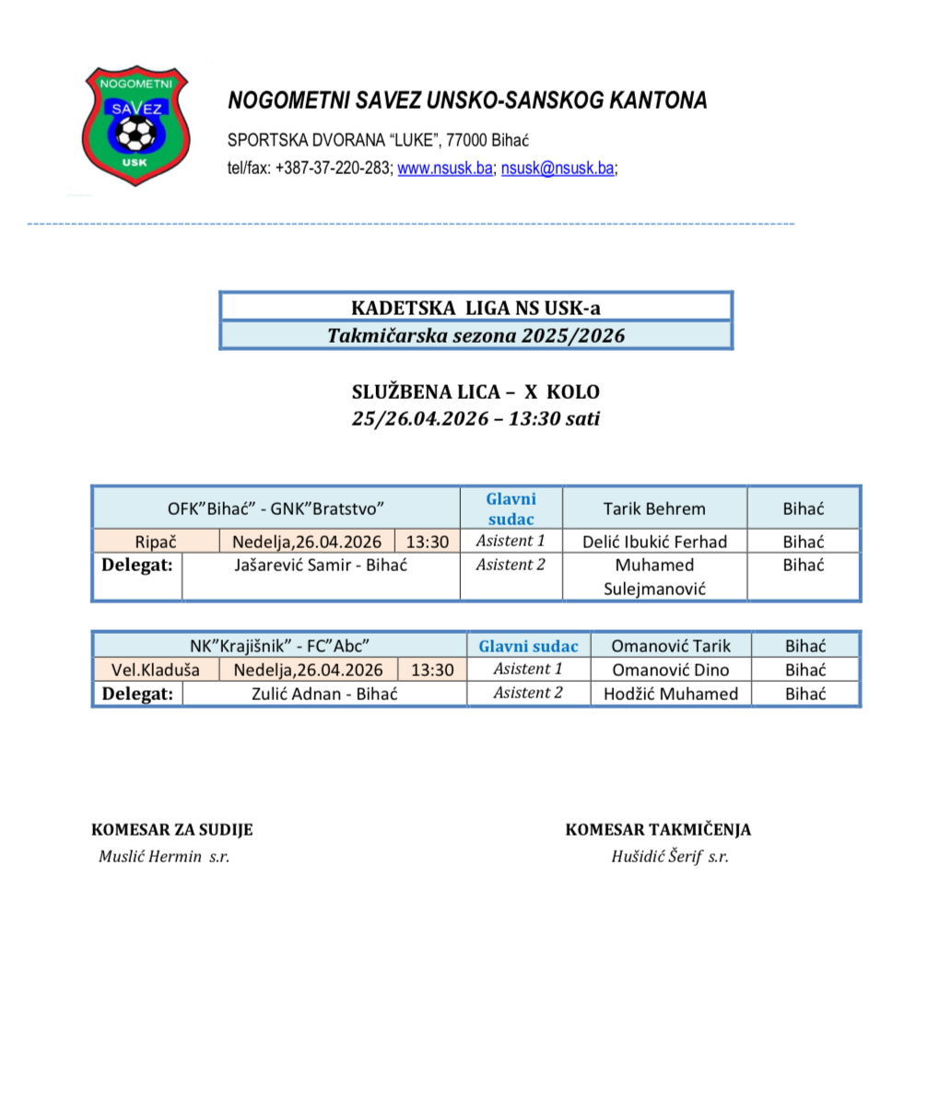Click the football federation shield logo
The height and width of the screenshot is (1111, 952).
coord(135,125)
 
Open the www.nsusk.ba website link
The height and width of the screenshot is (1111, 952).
coord(444,169)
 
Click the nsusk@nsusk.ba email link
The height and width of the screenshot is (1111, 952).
coord(557,169)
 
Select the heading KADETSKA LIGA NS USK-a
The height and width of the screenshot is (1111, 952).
coord(476,308)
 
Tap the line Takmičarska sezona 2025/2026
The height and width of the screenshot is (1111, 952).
coord(476,335)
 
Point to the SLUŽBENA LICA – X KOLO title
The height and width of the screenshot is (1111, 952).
coord(476,392)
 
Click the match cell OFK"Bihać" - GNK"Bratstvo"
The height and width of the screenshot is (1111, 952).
coord(276,509)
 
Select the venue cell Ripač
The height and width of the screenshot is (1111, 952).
coord(156,542)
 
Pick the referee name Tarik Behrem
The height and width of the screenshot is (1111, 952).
coord(654,509)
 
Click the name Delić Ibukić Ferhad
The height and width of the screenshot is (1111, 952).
coord(654,542)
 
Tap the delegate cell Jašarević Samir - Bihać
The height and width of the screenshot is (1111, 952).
coord(321,566)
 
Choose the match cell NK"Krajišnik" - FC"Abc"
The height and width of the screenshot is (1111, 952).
coord(279,646)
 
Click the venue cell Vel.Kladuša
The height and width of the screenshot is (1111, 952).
coord(156,670)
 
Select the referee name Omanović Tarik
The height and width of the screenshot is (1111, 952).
coord(671,646)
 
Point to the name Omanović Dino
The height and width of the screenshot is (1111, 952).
coord(671,670)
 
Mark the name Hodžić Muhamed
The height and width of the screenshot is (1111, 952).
coord(671,694)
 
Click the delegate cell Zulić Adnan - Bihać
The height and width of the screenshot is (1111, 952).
coord(324,694)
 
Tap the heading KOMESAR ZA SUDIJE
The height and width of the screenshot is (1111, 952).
coord(172,829)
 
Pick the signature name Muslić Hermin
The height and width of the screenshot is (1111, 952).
coord(150,857)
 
